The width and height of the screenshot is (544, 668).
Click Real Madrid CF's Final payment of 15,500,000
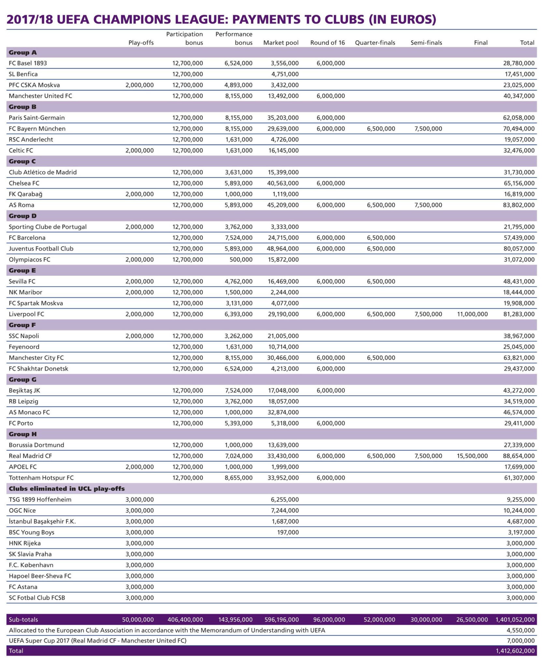[472, 456]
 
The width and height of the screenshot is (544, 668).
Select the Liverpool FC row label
[26, 314]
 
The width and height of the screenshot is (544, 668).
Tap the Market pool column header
[281, 43]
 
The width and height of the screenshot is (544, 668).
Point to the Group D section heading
[23, 216]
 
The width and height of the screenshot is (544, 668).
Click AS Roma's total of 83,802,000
[519, 205]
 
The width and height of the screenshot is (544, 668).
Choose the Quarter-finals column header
[375, 43]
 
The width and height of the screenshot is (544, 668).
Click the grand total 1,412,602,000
[515, 651]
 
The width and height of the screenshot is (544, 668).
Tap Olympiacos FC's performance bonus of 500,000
[241, 260]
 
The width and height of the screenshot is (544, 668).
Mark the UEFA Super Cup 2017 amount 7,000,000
[521, 640]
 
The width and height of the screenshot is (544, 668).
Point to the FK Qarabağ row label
[25, 194]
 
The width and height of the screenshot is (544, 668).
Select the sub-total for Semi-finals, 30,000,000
[426, 619]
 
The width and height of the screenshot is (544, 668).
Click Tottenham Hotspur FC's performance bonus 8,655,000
[238, 478]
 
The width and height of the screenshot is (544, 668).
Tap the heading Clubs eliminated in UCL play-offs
[67, 489]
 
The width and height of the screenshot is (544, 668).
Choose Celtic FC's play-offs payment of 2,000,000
[139, 150]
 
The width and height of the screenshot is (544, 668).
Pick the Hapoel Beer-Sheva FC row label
[40, 576]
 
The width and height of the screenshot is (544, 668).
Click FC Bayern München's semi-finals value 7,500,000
[428, 129]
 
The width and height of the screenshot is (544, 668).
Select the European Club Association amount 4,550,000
[521, 630]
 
